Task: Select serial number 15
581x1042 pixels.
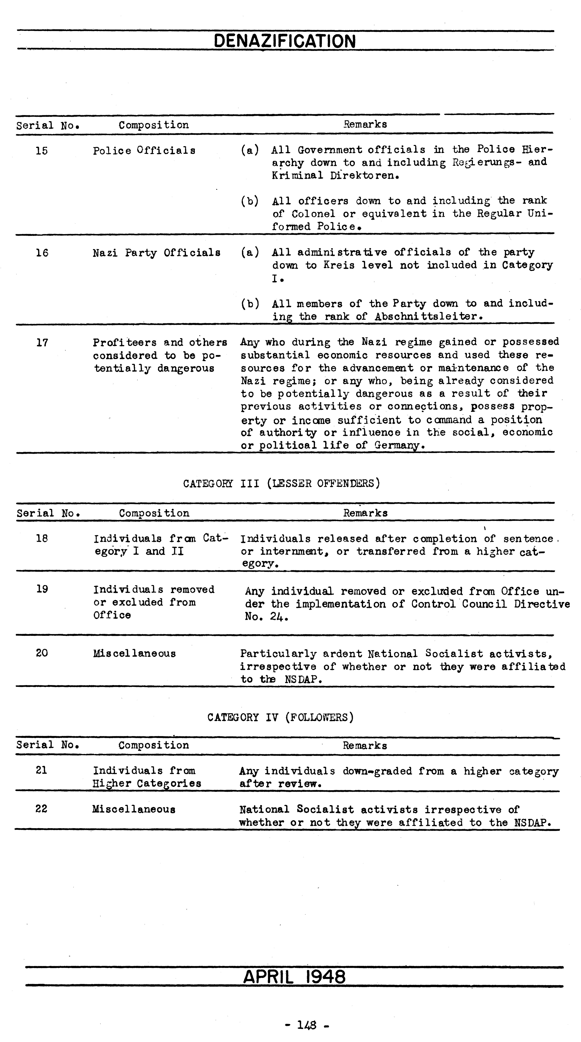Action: pyautogui.click(x=42, y=151)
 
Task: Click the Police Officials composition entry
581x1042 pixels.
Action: pyautogui.click(x=144, y=150)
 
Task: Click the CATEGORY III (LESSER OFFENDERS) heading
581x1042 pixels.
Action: pyautogui.click(x=282, y=483)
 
